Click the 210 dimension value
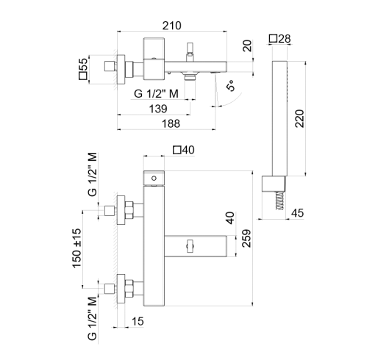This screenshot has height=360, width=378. point(172,26)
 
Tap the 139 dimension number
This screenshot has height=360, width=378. point(158,109)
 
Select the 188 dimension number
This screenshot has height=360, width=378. point(171,123)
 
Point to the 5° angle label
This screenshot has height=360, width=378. point(231,86)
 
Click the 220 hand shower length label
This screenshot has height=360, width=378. point(299,118)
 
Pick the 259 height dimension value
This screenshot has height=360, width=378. point(246,238)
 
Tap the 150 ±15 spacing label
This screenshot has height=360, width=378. point(76,248)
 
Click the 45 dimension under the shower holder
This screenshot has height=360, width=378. point(297,213)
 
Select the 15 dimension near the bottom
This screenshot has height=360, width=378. point(138,321)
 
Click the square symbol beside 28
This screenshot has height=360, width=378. point(273,38)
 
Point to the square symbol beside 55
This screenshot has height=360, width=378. point(83,76)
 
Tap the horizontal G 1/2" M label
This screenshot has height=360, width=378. point(156,93)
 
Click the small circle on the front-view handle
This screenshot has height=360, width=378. point(154,179)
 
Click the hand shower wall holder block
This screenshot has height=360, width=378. point(274,184)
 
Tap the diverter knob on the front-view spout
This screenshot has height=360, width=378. point(190,246)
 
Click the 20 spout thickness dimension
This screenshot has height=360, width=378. point(247,46)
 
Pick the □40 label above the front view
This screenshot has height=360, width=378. point(184,150)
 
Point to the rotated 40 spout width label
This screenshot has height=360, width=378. point(229,218)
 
